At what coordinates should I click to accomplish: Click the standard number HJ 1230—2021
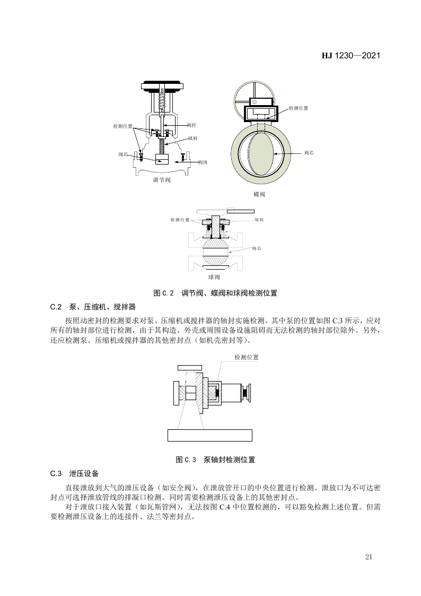click(x=351, y=56)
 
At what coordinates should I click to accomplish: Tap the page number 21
click(x=369, y=557)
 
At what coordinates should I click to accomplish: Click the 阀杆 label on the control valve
click(x=192, y=125)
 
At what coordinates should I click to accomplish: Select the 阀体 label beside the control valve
click(x=203, y=162)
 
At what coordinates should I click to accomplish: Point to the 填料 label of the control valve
click(x=193, y=139)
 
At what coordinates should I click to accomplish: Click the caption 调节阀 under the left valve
click(x=162, y=180)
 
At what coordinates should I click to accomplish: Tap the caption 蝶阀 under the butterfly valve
click(x=259, y=194)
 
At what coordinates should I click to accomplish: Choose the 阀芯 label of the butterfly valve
click(x=310, y=153)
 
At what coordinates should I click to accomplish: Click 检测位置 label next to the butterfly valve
click(x=299, y=108)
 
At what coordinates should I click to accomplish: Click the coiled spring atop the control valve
click(x=162, y=100)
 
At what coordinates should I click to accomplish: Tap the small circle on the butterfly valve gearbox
click(x=255, y=102)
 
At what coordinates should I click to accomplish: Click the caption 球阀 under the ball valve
click(x=214, y=277)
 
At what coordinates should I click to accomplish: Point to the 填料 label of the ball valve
click(x=259, y=220)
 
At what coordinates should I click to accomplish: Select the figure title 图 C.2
click(x=163, y=293)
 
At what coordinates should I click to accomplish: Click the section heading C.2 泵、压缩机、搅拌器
click(x=93, y=307)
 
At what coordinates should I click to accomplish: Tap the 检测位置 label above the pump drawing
click(x=247, y=357)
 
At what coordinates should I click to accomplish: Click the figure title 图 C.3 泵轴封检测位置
click(x=216, y=460)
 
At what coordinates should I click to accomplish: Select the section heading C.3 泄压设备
click(x=74, y=473)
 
